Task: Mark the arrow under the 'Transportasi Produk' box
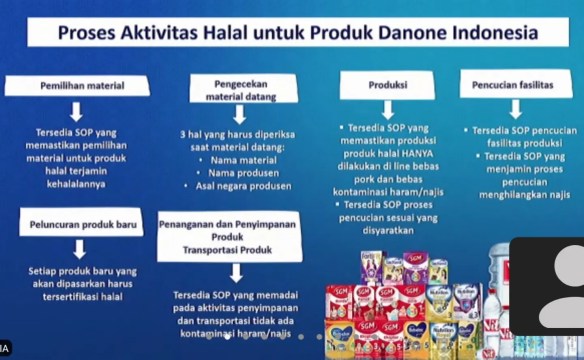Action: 232,271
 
